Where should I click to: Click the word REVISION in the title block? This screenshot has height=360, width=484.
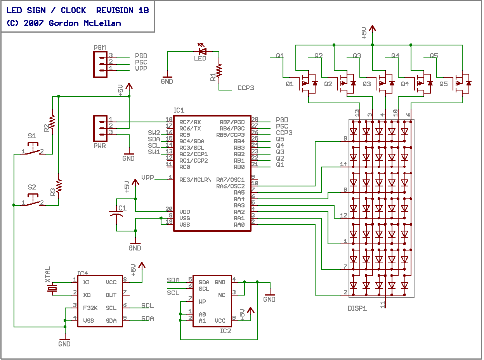click(114, 10)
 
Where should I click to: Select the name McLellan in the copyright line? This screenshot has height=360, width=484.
click(102, 23)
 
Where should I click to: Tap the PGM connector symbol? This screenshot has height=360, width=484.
click(101, 64)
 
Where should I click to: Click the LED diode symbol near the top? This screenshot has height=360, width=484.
click(202, 50)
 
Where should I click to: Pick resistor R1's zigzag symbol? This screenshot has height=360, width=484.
click(219, 71)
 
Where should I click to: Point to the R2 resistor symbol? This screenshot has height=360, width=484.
click(52, 122)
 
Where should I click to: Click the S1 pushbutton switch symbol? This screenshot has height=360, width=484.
click(33, 149)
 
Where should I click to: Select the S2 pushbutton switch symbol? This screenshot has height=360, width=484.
click(33, 200)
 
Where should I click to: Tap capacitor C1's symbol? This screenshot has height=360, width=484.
click(116, 214)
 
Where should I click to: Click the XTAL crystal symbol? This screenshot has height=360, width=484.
click(52, 289)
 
